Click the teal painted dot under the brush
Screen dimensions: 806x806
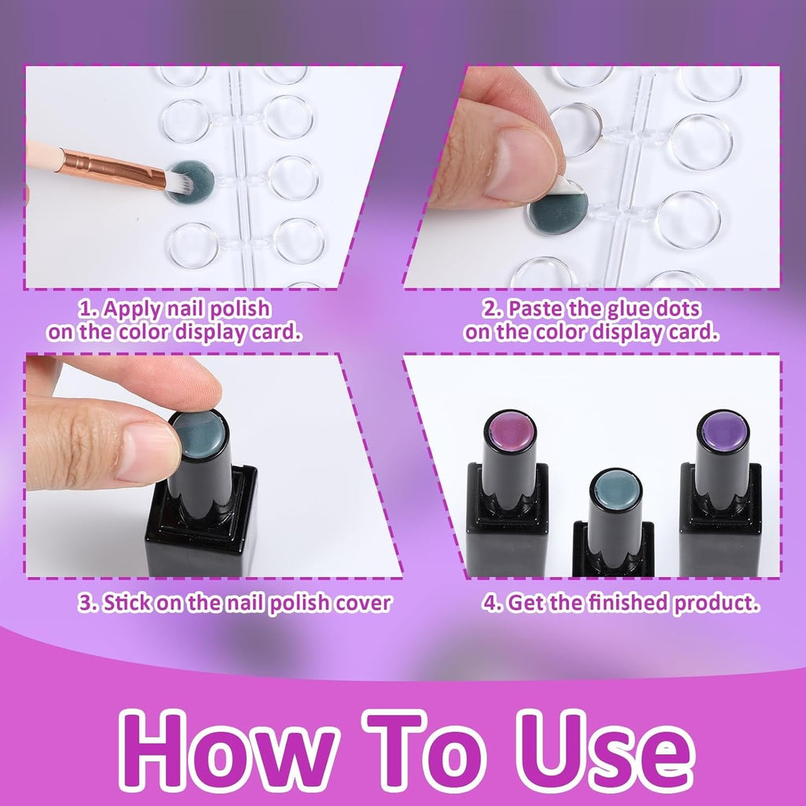click(191, 182)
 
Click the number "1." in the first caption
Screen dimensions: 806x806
click(88, 309)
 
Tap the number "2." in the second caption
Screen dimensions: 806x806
click(493, 309)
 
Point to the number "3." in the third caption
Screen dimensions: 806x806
click(88, 602)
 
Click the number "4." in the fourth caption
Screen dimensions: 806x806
click(493, 602)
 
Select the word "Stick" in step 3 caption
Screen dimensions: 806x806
click(128, 602)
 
